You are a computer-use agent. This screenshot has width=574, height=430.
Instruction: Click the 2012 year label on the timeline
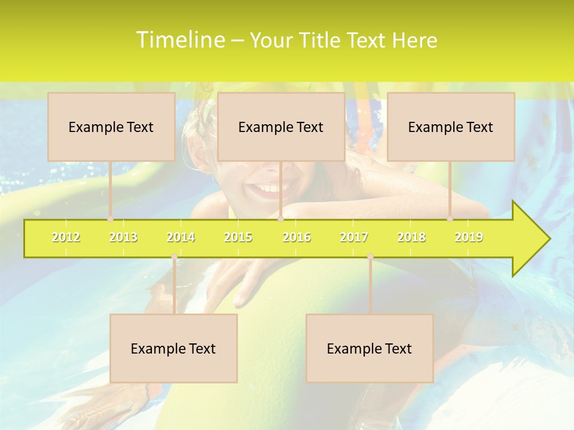pos(66,237)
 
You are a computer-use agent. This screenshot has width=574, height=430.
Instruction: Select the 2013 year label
pos(123,237)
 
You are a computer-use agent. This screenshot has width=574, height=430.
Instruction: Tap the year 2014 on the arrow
pos(181,237)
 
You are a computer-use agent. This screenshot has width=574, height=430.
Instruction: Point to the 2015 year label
pos(238,237)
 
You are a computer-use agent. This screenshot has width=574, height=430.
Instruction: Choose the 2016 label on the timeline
pos(297,237)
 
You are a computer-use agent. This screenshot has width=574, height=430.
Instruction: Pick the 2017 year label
pos(354,237)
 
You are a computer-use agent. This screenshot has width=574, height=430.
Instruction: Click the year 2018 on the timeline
pos(411,237)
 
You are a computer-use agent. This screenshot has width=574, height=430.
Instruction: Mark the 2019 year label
pos(469,237)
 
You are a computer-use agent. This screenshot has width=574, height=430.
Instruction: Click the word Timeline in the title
pos(179,40)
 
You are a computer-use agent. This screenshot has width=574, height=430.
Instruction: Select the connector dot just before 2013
pos(111,219)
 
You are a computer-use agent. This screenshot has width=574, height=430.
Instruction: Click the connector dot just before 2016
pos(280,219)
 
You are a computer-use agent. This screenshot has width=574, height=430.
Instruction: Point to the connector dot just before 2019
pos(450,219)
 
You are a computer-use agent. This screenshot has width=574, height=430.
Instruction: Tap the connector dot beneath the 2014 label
pos(174,257)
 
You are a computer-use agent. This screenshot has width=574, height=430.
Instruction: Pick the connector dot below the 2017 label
pos(370,257)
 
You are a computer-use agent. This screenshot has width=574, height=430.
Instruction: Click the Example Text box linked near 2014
pos(173,348)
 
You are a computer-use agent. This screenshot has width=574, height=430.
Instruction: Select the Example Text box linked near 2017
pos(370,348)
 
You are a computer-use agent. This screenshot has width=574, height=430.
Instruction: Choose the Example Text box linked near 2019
pos(451,127)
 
